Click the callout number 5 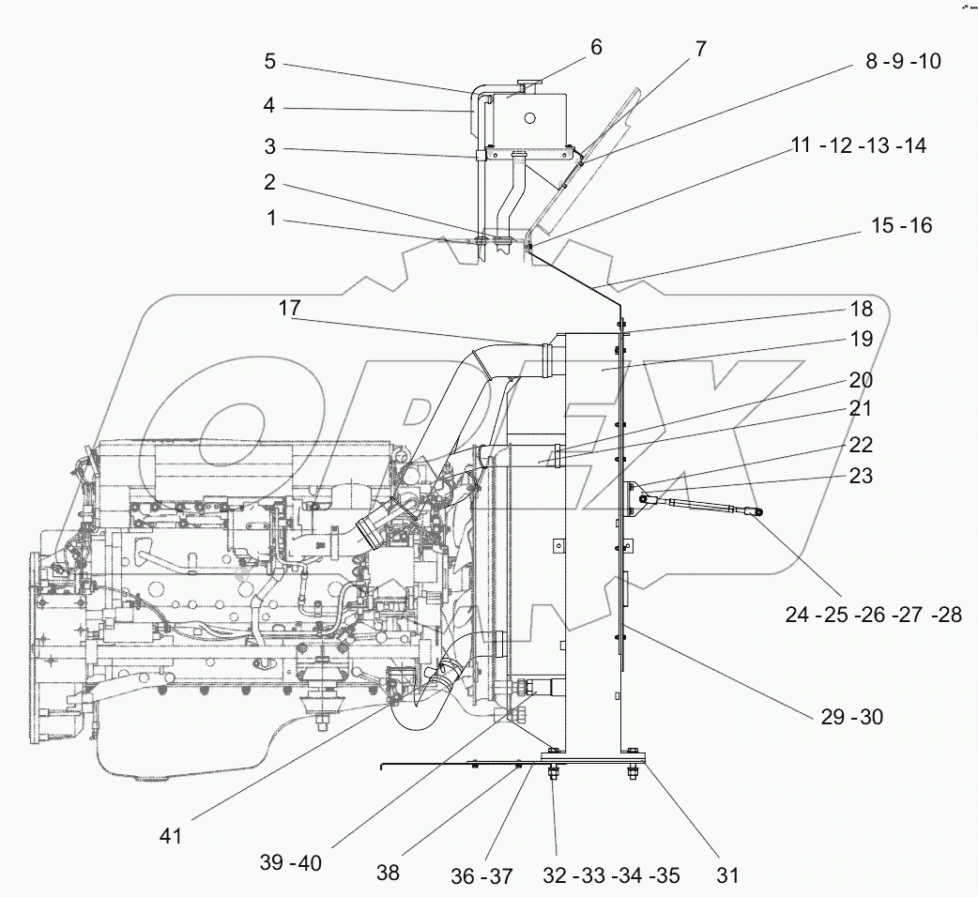(x=269, y=62)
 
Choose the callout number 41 (x=172, y=834)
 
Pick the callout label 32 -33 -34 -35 (x=611, y=875)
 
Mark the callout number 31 (x=727, y=875)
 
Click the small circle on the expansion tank (x=530, y=119)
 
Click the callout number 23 (x=861, y=476)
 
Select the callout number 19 (x=861, y=339)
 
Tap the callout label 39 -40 (x=290, y=863)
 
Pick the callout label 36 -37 (x=481, y=875)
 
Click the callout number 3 (x=269, y=148)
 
